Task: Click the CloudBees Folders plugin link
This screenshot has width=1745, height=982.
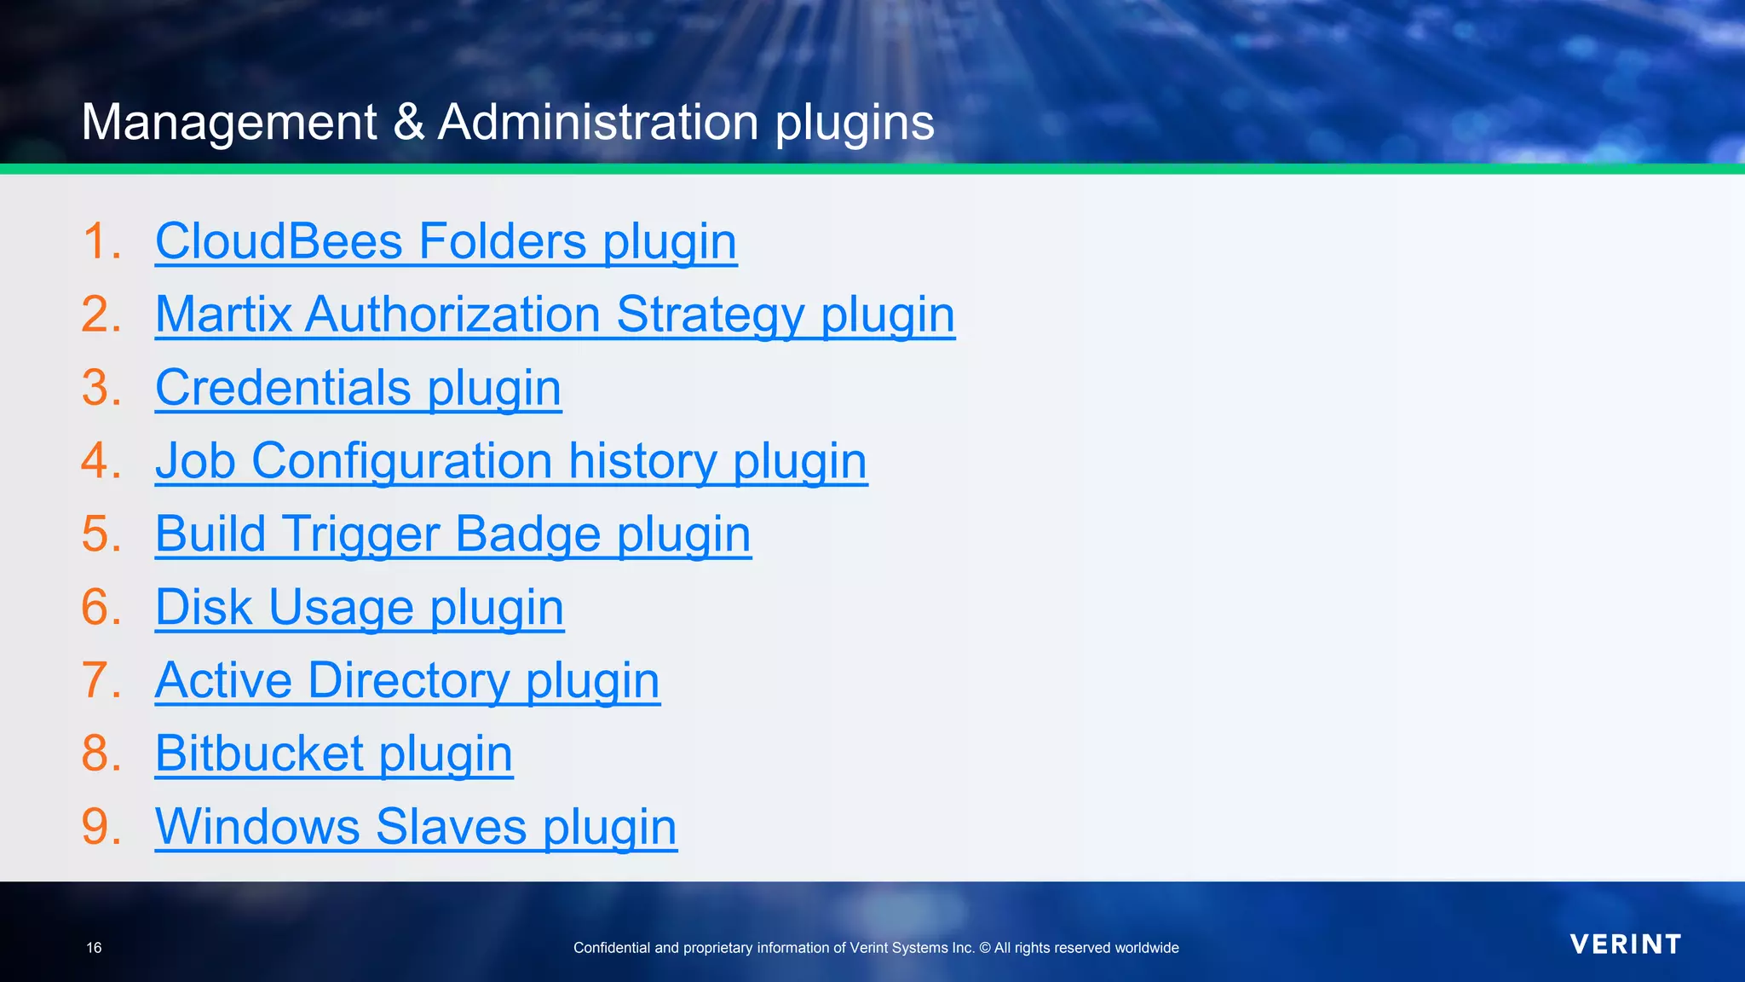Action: (x=446, y=241)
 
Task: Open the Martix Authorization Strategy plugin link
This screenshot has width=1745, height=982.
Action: (x=555, y=315)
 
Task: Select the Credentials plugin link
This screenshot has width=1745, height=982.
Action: (x=358, y=388)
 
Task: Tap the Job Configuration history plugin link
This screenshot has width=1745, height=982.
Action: (x=511, y=461)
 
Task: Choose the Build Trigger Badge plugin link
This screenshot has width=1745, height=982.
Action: (x=453, y=534)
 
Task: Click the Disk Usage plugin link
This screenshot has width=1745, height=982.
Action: (x=360, y=608)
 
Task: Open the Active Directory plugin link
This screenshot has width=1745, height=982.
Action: (x=407, y=681)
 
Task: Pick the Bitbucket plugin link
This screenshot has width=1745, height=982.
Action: (x=334, y=754)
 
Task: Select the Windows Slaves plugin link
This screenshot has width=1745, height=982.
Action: (x=416, y=828)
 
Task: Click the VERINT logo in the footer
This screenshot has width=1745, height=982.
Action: (x=1626, y=944)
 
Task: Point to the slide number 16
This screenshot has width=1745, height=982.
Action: (x=94, y=948)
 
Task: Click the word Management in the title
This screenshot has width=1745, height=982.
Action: (x=229, y=122)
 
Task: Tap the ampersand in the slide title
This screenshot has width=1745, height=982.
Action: (x=409, y=122)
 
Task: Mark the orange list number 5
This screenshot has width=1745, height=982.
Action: (x=101, y=534)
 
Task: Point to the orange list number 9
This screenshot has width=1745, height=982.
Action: (x=101, y=828)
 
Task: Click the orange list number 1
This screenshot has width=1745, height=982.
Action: (x=101, y=241)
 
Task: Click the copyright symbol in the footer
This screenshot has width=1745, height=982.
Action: (x=984, y=948)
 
